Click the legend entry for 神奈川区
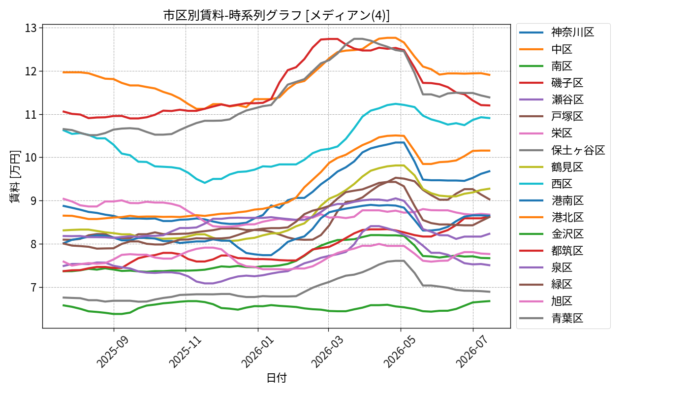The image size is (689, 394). tap(557, 33)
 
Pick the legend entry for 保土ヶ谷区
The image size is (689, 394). tap(562, 150)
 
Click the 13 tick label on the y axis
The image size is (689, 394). tap(31, 29)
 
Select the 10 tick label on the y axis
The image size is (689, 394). tap(31, 158)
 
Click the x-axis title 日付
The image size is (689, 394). tap(276, 378)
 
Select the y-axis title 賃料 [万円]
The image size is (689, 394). tap(15, 176)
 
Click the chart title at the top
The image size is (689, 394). tap(276, 15)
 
